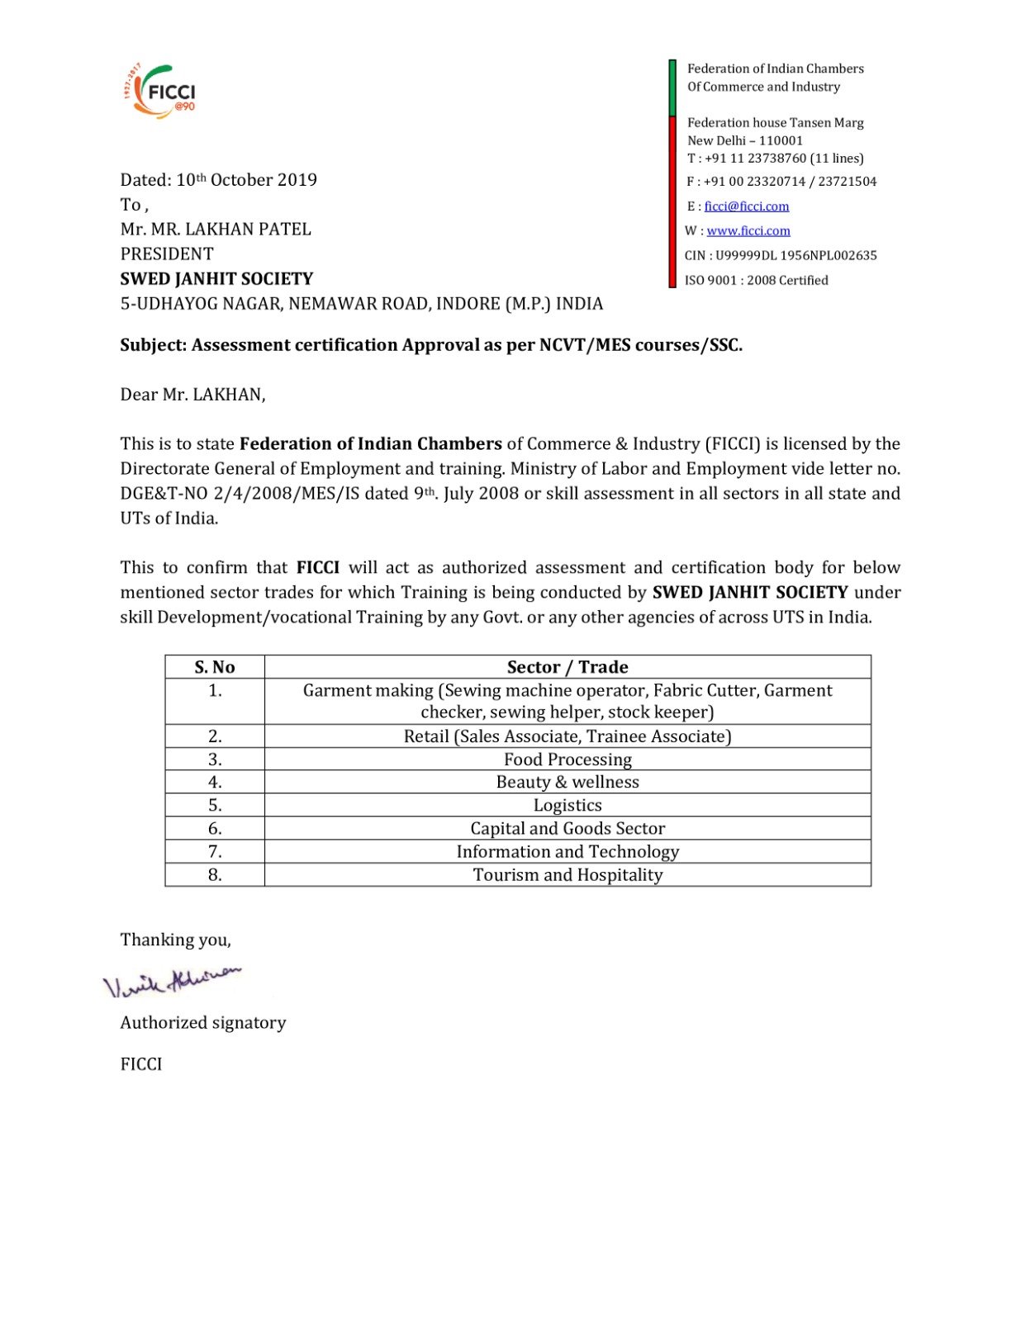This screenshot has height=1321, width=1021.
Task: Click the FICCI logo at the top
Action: (x=162, y=90)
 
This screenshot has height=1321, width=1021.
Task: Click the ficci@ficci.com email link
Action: (x=746, y=206)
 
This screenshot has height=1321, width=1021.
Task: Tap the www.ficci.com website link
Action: (x=748, y=231)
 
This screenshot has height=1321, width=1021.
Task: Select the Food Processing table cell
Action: (x=567, y=760)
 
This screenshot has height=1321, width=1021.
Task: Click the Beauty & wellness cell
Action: (x=567, y=782)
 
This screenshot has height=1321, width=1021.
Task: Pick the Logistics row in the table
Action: (x=567, y=805)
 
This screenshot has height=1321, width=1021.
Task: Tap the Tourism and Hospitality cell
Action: (x=567, y=875)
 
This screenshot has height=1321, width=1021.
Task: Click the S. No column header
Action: (x=215, y=667)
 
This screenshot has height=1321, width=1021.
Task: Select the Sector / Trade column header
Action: (x=567, y=667)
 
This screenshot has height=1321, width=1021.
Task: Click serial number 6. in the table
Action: (x=215, y=828)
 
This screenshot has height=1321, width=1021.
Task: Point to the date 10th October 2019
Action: (x=246, y=180)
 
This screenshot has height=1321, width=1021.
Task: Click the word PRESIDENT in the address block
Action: (x=167, y=254)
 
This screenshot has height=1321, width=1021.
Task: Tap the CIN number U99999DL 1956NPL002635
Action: (x=795, y=256)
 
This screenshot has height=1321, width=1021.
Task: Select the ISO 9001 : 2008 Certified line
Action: (x=756, y=281)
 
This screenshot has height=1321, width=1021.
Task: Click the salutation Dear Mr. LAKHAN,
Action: (x=192, y=395)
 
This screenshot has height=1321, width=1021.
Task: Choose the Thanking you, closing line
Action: (x=175, y=940)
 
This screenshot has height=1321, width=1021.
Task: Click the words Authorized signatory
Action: (x=203, y=1023)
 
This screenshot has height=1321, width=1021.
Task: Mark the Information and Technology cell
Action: (x=567, y=852)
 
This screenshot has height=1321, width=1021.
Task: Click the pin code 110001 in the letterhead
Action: (x=781, y=140)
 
